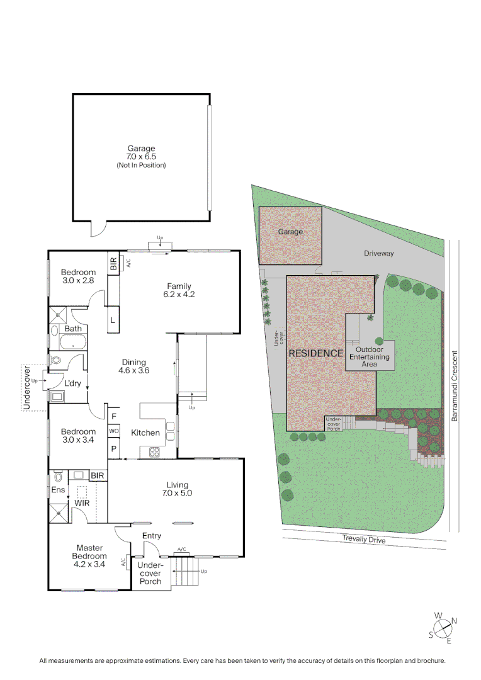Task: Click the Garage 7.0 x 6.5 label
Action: pos(141,153)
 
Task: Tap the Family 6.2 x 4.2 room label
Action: pos(179,290)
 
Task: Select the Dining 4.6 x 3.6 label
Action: pos(133,366)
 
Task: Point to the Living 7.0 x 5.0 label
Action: pos(178,489)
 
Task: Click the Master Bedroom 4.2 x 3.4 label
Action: pos(89,552)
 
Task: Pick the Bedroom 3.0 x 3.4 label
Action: pos(78,436)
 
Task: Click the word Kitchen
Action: pos(145,433)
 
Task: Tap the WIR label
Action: pos(82,504)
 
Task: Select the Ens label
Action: pos(58,489)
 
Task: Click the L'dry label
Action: pos(73,383)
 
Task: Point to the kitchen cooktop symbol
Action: pos(154,451)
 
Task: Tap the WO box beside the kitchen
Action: pos(114,431)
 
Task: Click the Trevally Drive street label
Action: pos(364,539)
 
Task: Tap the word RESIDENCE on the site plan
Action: pos(316,353)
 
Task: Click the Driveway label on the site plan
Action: pos(378,253)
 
